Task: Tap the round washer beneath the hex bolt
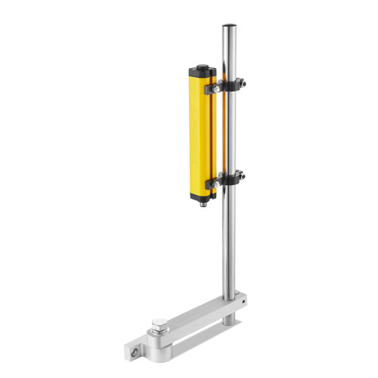coord(160,335)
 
